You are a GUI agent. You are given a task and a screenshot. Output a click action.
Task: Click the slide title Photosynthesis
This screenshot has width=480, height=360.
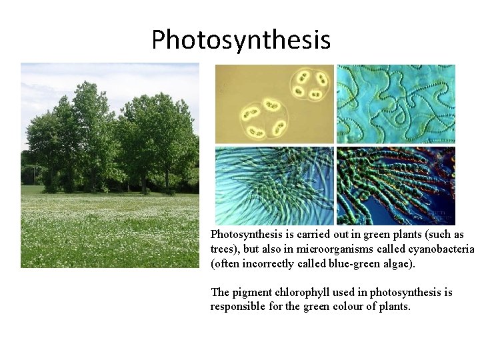241,39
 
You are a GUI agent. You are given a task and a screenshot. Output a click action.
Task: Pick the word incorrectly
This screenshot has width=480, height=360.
271,263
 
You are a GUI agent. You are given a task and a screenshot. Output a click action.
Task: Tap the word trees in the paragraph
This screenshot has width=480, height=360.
223,249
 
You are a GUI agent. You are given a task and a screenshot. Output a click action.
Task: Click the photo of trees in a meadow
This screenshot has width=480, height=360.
110,165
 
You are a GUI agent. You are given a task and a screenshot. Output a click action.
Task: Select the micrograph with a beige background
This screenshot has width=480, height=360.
274,104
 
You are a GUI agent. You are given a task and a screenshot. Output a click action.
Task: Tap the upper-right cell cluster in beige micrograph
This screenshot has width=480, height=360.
309,85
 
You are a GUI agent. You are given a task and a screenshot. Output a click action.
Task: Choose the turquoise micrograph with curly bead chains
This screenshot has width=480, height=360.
396,104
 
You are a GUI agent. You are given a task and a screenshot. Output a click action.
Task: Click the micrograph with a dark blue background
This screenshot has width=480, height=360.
396,186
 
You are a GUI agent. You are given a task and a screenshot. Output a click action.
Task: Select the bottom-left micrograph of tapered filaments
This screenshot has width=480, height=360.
274,186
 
